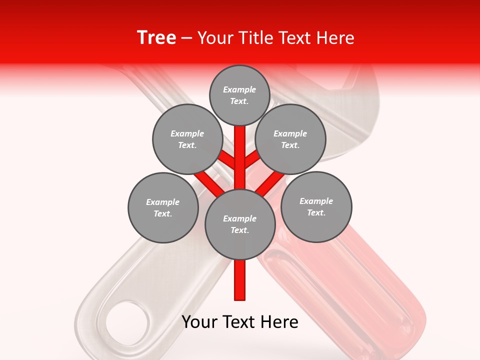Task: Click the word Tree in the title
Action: pyautogui.click(x=156, y=37)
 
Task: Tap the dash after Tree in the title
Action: pyautogui.click(x=186, y=38)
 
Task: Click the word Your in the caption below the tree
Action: pyautogui.click(x=199, y=322)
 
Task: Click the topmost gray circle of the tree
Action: pyautogui.click(x=239, y=95)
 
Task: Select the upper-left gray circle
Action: pyautogui.click(x=187, y=139)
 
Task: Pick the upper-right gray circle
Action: pyautogui.click(x=290, y=139)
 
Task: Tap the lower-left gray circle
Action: pyautogui.click(x=162, y=207)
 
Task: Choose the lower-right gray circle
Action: pyautogui.click(x=316, y=206)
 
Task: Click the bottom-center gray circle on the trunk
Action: pyautogui.click(x=240, y=224)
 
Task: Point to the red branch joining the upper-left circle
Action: pyautogui.click(x=228, y=160)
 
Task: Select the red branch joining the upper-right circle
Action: pyautogui.click(x=251, y=160)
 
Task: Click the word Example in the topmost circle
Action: pyautogui.click(x=239, y=89)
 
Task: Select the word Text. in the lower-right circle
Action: pyautogui.click(x=316, y=212)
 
